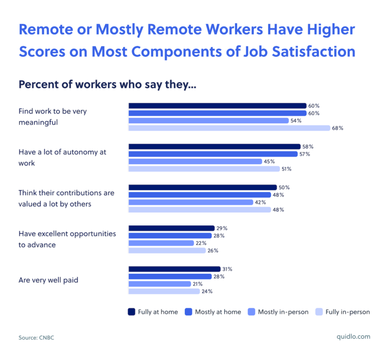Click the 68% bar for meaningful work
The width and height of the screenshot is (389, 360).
[x=229, y=128]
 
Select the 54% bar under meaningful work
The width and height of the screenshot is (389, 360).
[x=205, y=121]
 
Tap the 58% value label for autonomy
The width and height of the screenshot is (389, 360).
[x=307, y=147]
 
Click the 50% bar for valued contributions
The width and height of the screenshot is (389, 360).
[x=203, y=188]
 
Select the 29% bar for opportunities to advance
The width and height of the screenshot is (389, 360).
[x=172, y=228]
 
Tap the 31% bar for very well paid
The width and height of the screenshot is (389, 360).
[x=174, y=269]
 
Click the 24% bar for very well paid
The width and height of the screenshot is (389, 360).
[x=164, y=292]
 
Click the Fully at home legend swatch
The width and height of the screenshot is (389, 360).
[x=131, y=312]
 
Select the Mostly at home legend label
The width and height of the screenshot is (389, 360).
[x=218, y=312]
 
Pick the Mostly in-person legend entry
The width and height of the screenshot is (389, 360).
[x=278, y=312]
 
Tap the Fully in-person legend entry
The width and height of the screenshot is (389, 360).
[x=342, y=312]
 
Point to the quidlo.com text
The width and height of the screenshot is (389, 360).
[x=353, y=337]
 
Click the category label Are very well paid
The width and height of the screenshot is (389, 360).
[x=48, y=280]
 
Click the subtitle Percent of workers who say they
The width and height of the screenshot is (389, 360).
[x=107, y=84]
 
